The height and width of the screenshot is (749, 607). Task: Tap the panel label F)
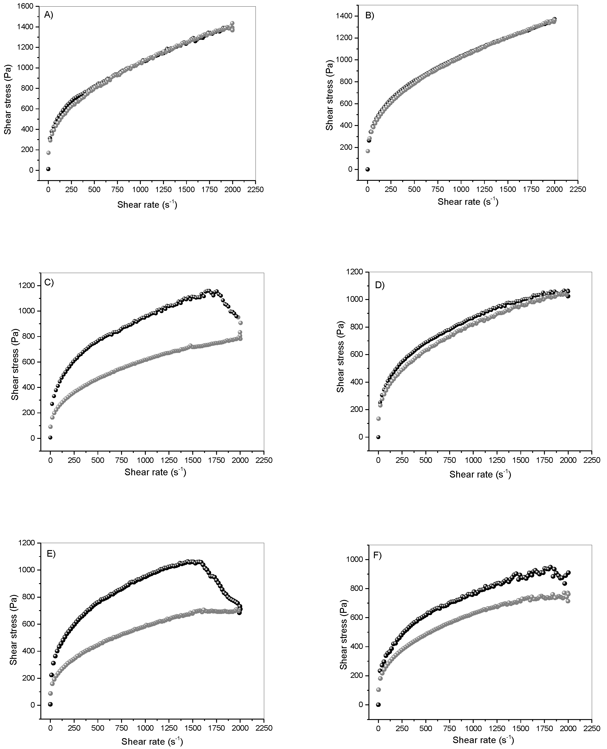[378, 556]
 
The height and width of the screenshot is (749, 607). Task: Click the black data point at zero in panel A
[48, 169]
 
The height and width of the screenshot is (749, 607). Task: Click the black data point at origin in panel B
[368, 169]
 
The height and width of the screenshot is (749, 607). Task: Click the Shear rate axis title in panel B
[468, 202]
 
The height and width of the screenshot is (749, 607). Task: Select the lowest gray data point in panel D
[378, 418]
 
